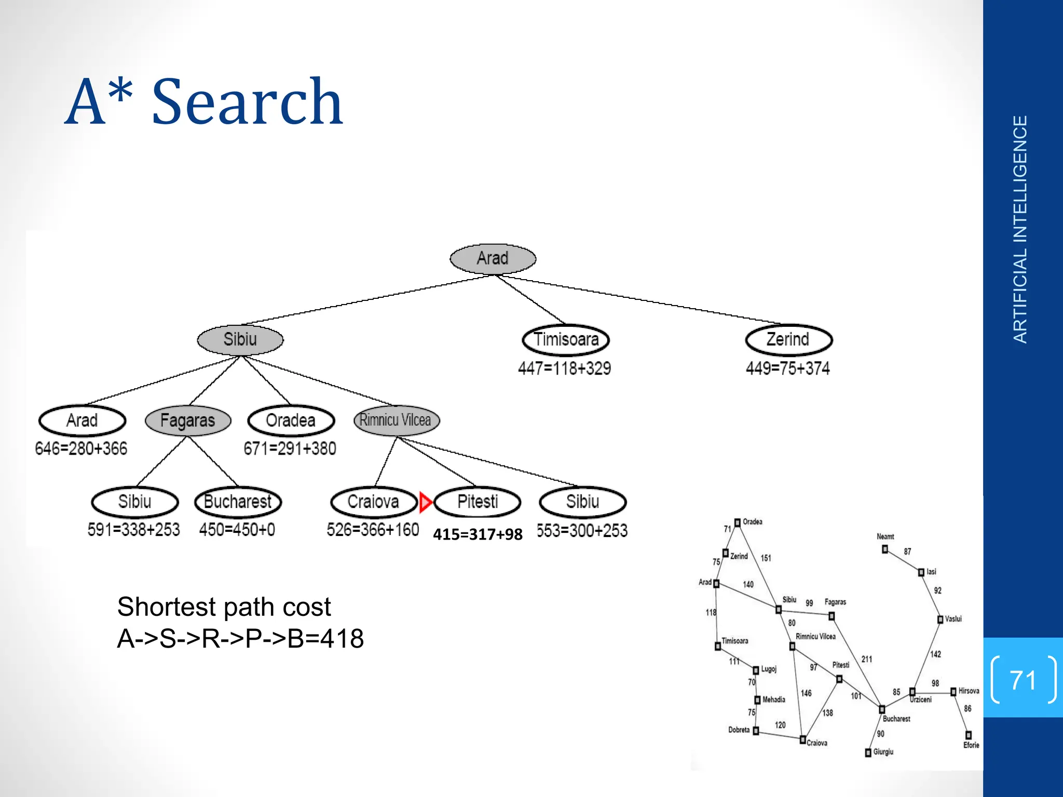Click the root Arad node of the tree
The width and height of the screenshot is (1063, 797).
[x=493, y=258]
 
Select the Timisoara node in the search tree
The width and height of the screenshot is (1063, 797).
[x=566, y=340]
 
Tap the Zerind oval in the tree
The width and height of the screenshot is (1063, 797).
[x=788, y=340]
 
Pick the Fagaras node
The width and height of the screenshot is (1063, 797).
[x=188, y=420]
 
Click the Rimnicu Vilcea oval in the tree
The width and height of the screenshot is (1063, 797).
[x=396, y=420]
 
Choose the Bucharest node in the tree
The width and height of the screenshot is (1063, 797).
[x=238, y=502]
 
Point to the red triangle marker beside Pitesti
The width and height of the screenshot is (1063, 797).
[x=425, y=502]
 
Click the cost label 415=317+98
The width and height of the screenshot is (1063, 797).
[x=478, y=534]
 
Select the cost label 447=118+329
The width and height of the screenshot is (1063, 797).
[x=564, y=368]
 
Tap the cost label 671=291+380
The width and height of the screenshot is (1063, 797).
[x=290, y=448]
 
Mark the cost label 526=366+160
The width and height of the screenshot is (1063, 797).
[x=373, y=530]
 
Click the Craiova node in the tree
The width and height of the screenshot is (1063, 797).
[x=374, y=502]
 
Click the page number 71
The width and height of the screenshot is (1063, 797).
[x=1023, y=680]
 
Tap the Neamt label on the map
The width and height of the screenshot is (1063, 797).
[x=885, y=537]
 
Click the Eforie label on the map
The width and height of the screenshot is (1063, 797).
[x=971, y=745]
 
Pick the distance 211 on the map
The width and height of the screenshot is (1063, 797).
[x=867, y=659]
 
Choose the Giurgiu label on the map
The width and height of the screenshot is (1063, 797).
[x=883, y=752]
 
